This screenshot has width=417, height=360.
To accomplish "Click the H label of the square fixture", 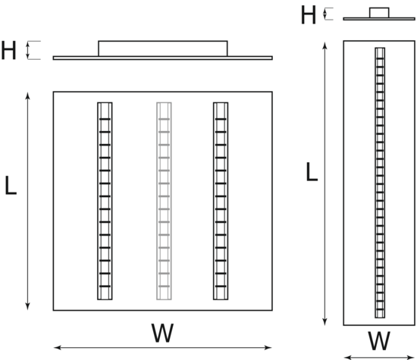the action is (9, 50).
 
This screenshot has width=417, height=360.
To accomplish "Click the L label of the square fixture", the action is (11, 186).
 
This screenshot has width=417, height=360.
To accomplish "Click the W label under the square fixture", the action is (162, 333).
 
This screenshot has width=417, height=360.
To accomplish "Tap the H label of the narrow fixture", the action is (309, 15).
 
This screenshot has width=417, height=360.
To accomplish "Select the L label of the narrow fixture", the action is (312, 172).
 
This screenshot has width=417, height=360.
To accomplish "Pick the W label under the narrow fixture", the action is (379, 341).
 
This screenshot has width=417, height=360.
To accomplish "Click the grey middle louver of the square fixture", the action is (164, 201).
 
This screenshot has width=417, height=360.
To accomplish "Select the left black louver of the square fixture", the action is (105, 201).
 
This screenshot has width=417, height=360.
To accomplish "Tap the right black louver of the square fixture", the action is (221, 201).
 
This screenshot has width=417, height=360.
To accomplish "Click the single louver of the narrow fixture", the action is (380, 183).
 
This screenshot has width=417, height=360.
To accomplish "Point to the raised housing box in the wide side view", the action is (163, 49).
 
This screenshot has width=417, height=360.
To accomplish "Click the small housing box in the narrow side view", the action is (379, 13).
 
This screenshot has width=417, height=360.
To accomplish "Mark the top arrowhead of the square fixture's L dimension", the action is (27, 95).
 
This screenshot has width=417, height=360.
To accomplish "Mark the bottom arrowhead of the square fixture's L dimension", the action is (27, 306).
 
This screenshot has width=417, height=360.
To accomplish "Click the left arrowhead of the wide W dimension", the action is (58, 348).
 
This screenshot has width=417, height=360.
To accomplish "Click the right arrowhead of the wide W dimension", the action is (268, 348).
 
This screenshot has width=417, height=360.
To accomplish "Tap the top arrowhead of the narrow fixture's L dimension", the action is (325, 45).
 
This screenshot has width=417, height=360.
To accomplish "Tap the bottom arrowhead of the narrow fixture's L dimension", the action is (325, 321).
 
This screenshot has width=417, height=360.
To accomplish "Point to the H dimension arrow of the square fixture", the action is (27, 50).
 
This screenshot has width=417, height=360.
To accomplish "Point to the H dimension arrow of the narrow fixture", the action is (325, 14).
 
